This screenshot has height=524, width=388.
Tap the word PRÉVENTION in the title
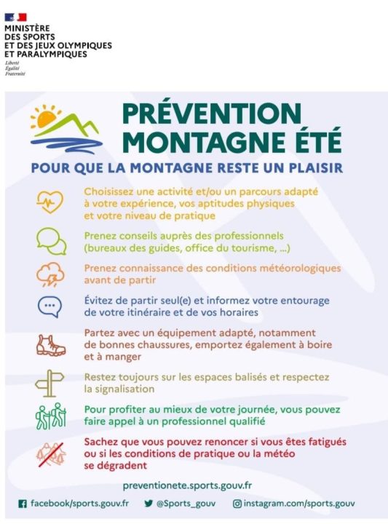[211, 114]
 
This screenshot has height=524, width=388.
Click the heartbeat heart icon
[51, 203]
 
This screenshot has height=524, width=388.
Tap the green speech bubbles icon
[51, 241]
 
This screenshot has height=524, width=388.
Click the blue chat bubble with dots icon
[50, 306]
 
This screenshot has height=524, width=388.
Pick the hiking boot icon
[51, 345]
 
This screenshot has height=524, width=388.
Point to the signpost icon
[51, 382]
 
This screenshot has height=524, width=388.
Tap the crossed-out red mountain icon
[51, 453]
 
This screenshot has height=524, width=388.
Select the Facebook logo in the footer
[22, 504]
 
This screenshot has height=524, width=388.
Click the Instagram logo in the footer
[237, 504]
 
